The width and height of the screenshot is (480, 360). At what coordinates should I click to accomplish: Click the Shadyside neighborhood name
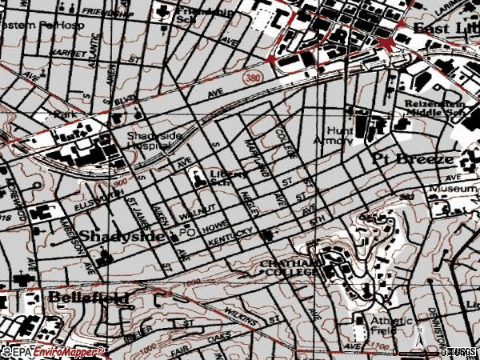point(113,237)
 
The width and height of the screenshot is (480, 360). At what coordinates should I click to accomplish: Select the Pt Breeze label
point(405,159)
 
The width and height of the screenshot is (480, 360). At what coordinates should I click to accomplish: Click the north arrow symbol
point(417,335)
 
